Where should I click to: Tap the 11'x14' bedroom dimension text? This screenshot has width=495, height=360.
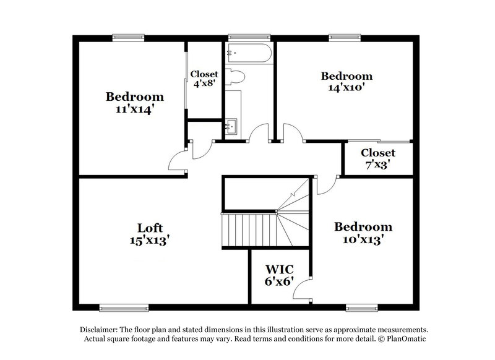tap(134, 109)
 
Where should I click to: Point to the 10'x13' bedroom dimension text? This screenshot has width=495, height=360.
tap(364, 239)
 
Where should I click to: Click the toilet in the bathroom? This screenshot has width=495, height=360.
tap(236, 77)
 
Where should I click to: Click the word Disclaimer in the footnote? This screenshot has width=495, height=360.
tap(103, 330)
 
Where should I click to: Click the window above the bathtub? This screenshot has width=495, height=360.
tap(249, 37)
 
